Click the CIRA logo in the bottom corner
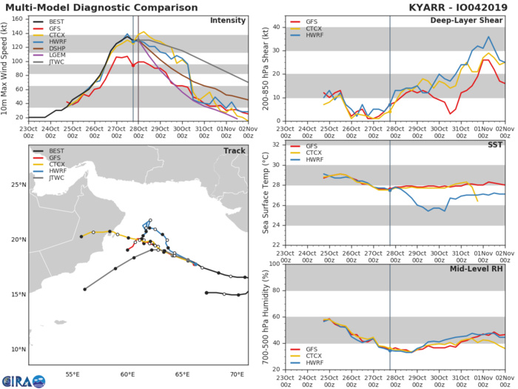(23, 380)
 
